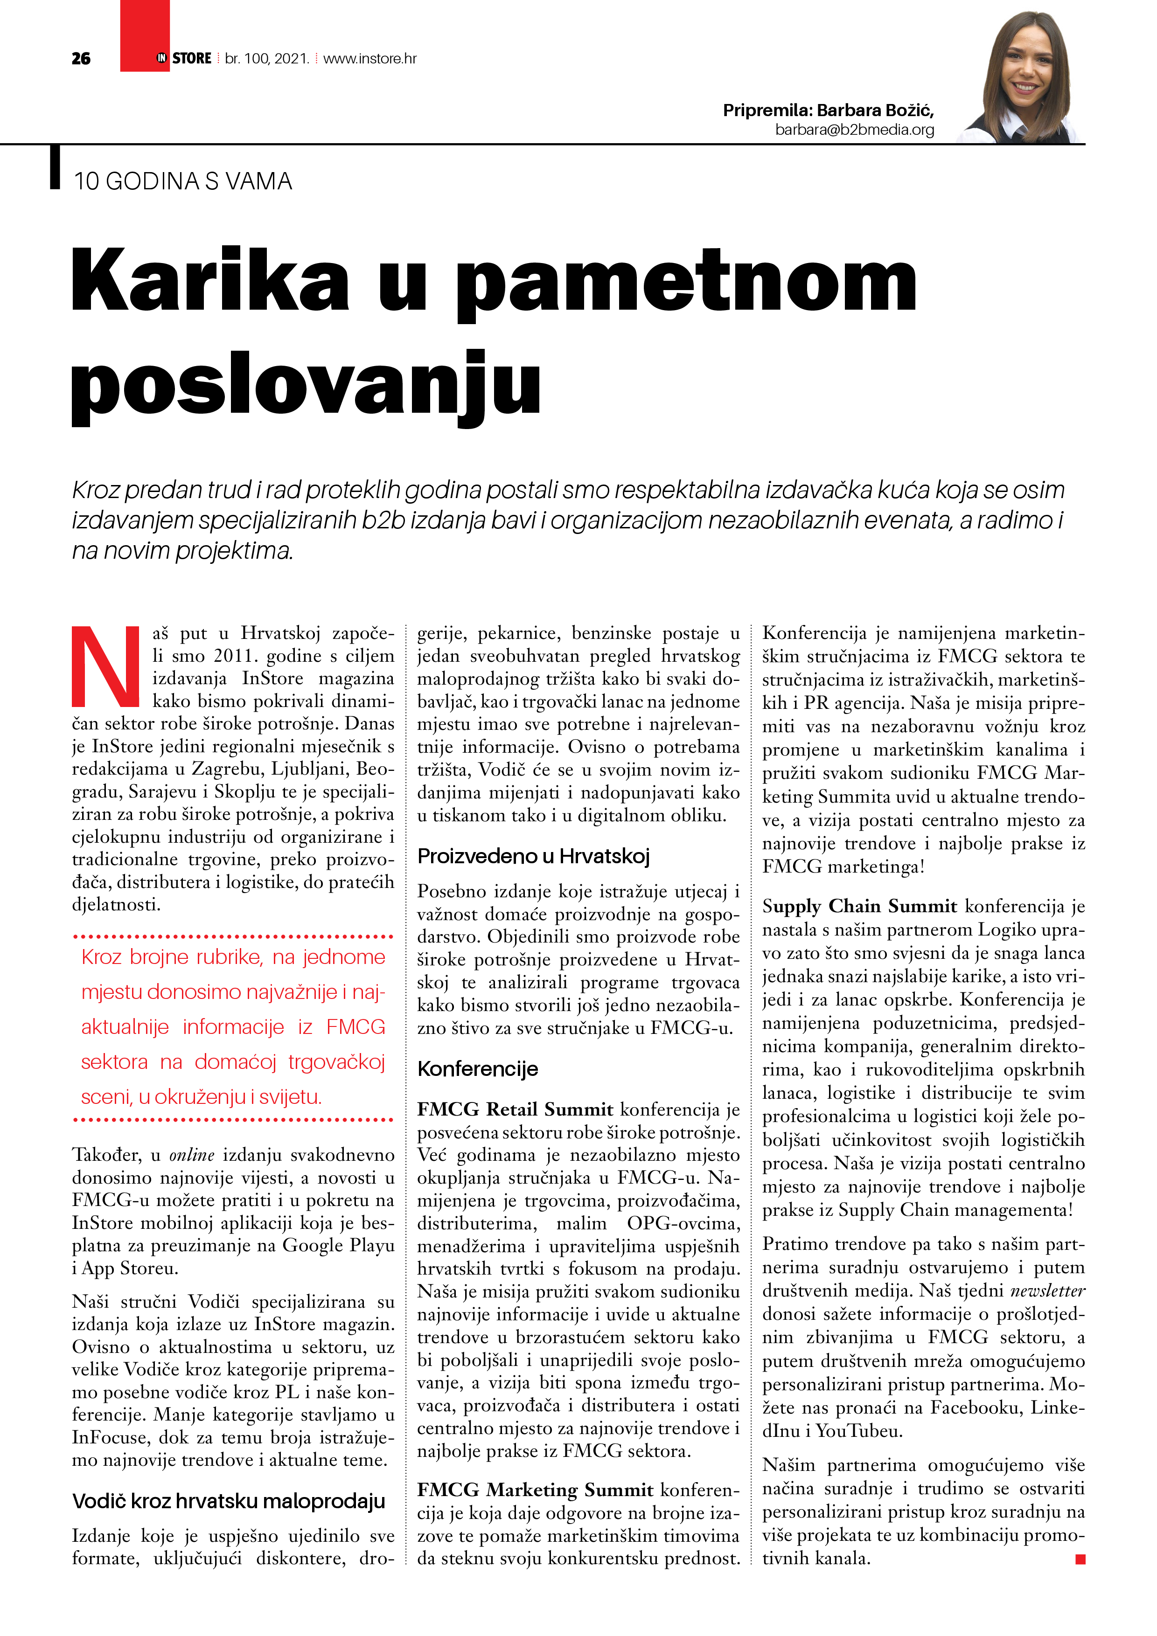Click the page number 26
[x=81, y=58]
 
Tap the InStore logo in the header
[x=184, y=58]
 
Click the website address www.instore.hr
[x=370, y=58]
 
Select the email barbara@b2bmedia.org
[x=854, y=130]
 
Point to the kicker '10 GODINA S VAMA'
[x=182, y=182]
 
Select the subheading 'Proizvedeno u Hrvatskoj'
[x=533, y=856]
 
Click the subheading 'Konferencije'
[x=478, y=1069]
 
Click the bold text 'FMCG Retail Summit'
[x=515, y=1109]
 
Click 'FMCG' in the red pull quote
[x=355, y=1027]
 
